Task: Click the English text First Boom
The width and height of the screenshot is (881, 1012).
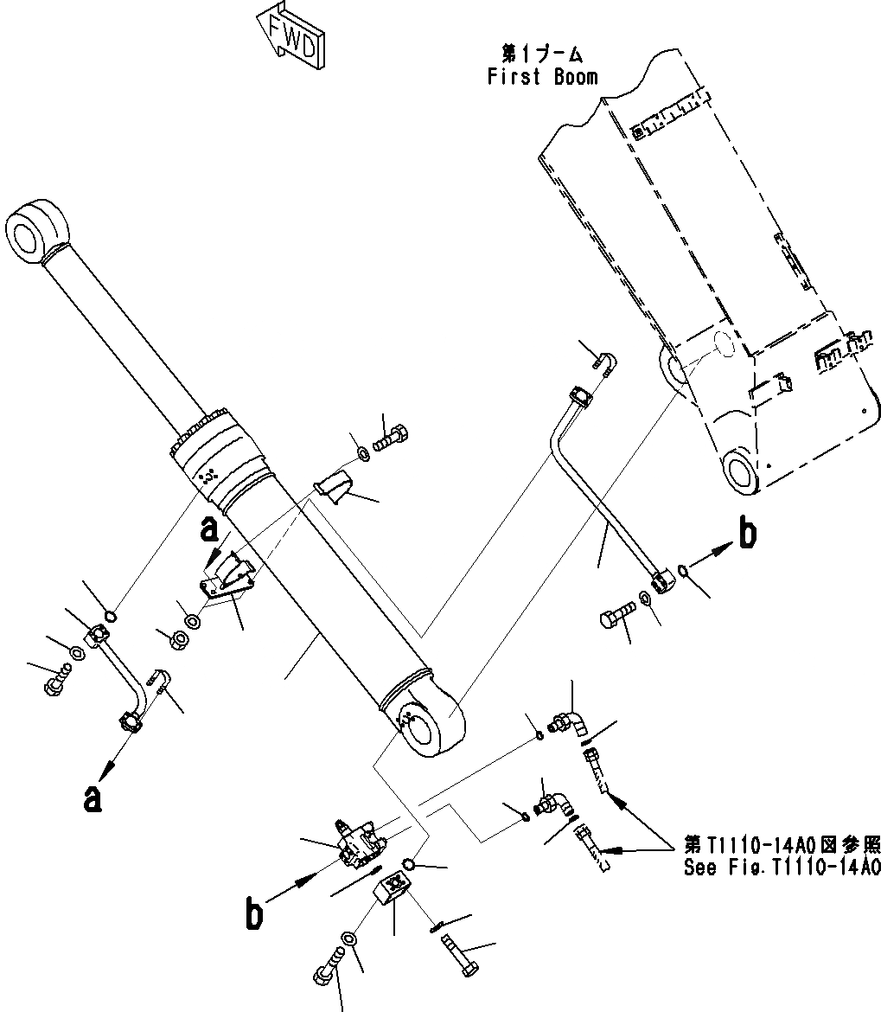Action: pos(542,77)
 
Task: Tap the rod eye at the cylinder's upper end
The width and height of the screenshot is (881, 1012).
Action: pos(40,228)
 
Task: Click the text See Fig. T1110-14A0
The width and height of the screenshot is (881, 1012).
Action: pos(782,868)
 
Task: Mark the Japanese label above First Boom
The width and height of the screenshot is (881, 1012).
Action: pos(541,54)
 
